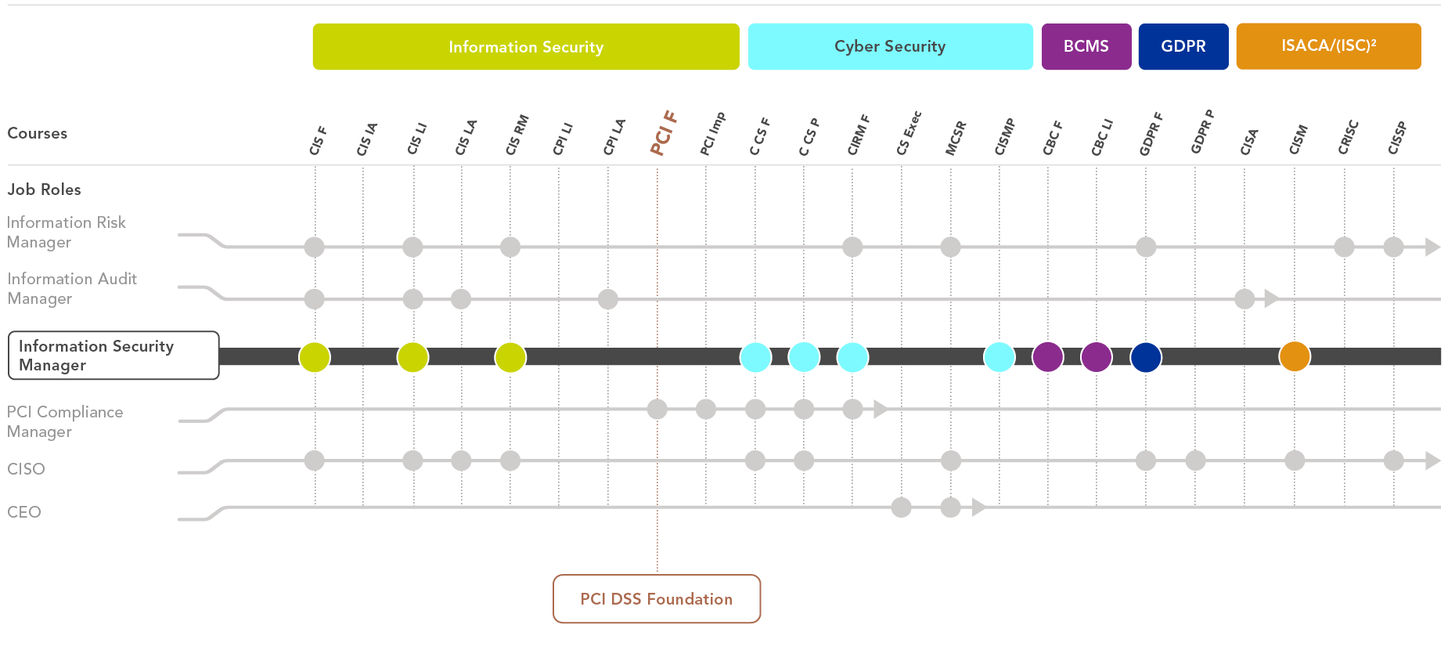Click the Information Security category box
click(x=526, y=47)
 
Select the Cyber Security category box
click(x=890, y=47)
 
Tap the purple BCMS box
click(x=1086, y=47)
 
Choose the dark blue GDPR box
click(x=1183, y=47)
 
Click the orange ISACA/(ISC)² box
click(x=1328, y=47)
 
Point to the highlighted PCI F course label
click(x=663, y=133)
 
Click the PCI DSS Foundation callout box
click(x=657, y=599)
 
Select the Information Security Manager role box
click(x=113, y=356)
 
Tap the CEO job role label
click(x=24, y=512)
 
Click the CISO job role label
click(x=26, y=469)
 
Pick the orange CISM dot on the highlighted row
click(x=1295, y=356)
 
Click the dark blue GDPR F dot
click(x=1146, y=356)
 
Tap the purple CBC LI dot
click(x=1097, y=356)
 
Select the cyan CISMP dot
click(x=1000, y=356)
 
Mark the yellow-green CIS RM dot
click(x=510, y=356)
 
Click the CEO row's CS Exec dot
click(x=902, y=507)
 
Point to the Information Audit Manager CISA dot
click(x=1244, y=298)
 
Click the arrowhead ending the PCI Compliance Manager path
click(x=880, y=409)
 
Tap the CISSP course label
click(x=1397, y=138)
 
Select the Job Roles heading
click(x=44, y=190)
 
